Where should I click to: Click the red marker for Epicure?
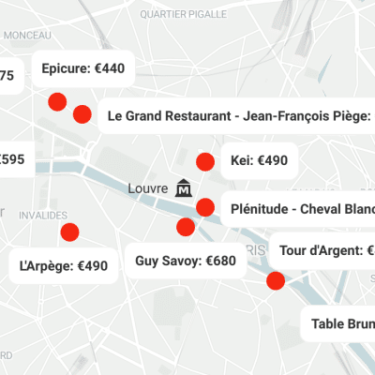[56, 102]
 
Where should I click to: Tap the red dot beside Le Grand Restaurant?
[82, 114]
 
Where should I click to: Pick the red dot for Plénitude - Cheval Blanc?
[203, 207]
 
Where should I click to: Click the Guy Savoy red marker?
[186, 227]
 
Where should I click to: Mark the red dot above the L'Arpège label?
[67, 232]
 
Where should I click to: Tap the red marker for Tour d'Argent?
[276, 280]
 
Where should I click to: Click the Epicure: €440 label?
[83, 68]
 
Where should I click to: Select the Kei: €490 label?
[258, 161]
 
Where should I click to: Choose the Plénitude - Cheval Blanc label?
[295, 208]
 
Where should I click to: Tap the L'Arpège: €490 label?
[64, 265]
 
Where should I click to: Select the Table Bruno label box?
[339, 324]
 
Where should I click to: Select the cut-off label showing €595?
[13, 160]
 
